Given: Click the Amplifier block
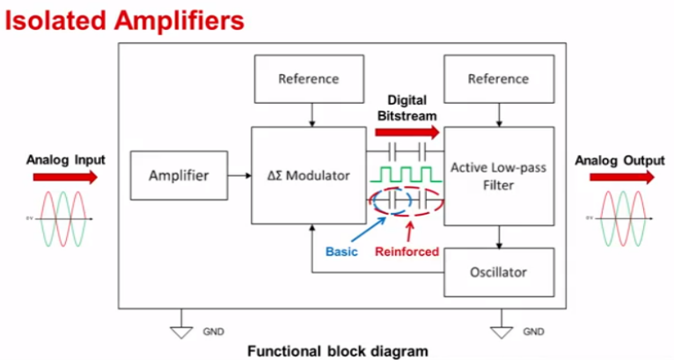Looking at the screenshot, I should (178, 175).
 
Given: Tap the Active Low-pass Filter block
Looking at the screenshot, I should (499, 175).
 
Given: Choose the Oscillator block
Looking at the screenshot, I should (499, 272).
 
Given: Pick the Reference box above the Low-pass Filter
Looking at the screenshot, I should (499, 78).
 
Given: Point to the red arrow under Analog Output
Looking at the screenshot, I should (615, 177).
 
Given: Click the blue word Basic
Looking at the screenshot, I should (341, 252).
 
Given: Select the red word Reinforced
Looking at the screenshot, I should (406, 252).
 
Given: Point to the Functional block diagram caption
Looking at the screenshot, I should (337, 350).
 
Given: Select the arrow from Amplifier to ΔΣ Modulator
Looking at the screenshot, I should (239, 175).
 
